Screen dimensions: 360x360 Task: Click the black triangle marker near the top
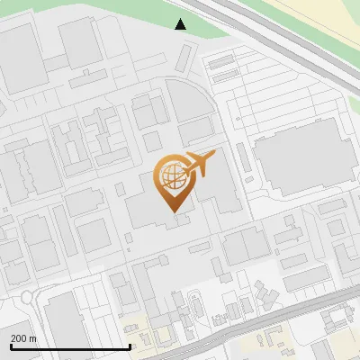coord(181,23)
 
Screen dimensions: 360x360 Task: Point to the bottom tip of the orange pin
coord(174,211)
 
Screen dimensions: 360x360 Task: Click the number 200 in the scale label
coord(19,338)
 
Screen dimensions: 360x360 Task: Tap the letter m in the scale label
coord(33,338)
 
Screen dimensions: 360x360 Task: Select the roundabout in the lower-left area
coord(31,297)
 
